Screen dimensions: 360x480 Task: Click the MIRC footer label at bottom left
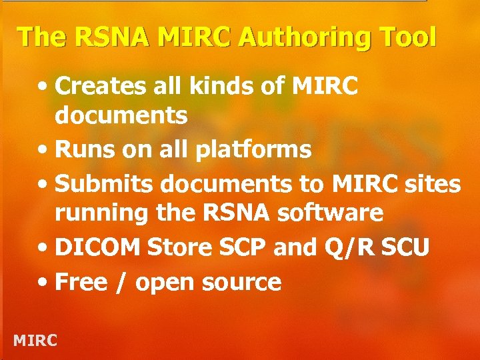pyautogui.click(x=35, y=340)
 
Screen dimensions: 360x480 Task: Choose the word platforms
pyautogui.click(x=253, y=151)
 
